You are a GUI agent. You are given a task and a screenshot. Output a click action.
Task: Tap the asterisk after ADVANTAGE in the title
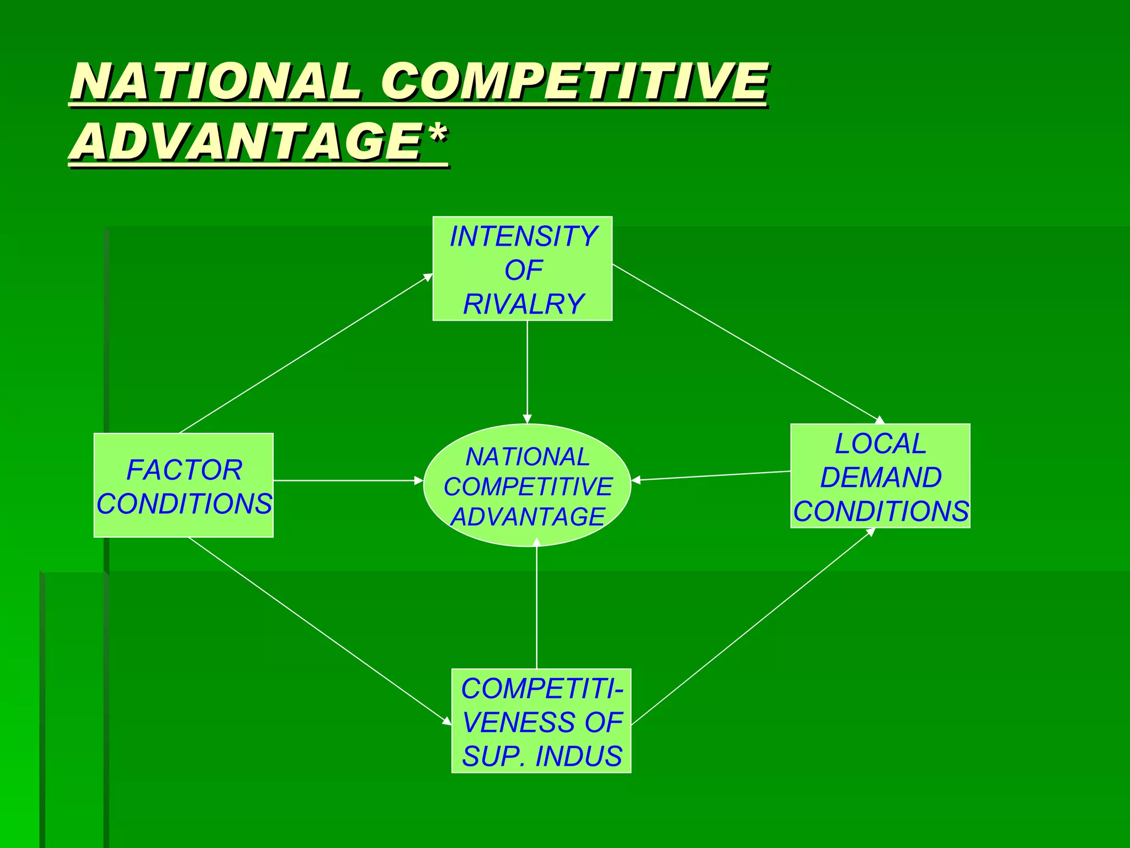coord(438,134)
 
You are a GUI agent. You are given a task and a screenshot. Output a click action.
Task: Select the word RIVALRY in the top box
coord(523,304)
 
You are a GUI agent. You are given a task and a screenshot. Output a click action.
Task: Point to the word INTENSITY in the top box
coord(523,236)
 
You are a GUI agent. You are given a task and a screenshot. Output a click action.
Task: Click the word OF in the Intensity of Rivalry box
coord(523,271)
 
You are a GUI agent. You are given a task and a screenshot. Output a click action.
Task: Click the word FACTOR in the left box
coord(184,470)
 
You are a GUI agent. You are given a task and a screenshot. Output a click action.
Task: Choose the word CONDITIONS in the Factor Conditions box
coord(184,504)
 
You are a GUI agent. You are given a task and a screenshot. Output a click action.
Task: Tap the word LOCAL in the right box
coord(880,444)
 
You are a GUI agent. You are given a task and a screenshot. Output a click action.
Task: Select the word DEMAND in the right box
coord(881,478)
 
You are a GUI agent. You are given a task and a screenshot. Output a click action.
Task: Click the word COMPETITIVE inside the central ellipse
coord(527,487)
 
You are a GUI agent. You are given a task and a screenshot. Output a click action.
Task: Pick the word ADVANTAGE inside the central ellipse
coord(527,517)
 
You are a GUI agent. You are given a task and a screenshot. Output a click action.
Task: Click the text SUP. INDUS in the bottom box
coord(542,756)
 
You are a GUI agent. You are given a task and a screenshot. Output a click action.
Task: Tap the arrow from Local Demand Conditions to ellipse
coord(712,476)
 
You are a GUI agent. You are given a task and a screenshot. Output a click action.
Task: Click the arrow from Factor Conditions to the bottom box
coord(320,631)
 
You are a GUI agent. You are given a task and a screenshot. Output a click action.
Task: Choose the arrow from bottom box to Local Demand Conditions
coord(753,627)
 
